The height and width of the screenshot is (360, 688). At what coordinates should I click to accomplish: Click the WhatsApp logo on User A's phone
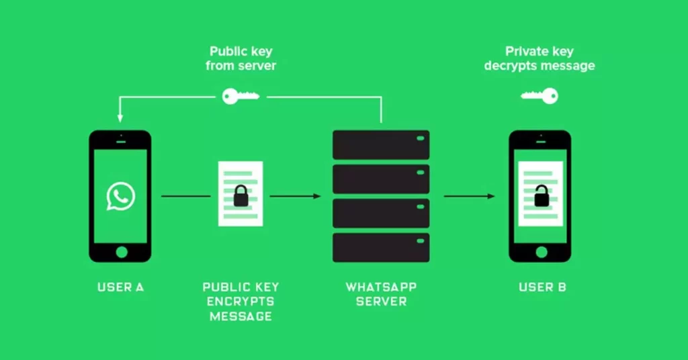(x=120, y=196)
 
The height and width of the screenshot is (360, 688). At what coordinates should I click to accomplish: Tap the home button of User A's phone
(x=121, y=252)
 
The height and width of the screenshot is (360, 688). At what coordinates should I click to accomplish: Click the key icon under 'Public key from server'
(x=240, y=96)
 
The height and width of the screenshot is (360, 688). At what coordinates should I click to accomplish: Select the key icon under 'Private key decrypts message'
(x=540, y=96)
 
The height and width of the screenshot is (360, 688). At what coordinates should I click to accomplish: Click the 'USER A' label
(x=120, y=287)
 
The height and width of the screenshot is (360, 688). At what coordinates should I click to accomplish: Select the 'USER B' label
(x=542, y=287)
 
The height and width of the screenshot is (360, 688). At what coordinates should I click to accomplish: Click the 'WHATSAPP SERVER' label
(x=381, y=294)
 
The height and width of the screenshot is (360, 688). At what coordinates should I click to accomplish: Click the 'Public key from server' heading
(x=241, y=58)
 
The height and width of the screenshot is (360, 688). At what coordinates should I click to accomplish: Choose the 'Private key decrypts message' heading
(x=540, y=58)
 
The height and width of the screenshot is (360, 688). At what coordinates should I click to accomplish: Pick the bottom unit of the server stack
(x=381, y=247)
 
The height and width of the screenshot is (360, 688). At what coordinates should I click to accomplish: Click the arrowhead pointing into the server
(x=317, y=196)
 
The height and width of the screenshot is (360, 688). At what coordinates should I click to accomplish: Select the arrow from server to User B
(x=470, y=196)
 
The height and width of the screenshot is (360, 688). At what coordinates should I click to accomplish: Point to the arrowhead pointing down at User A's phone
(x=120, y=118)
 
